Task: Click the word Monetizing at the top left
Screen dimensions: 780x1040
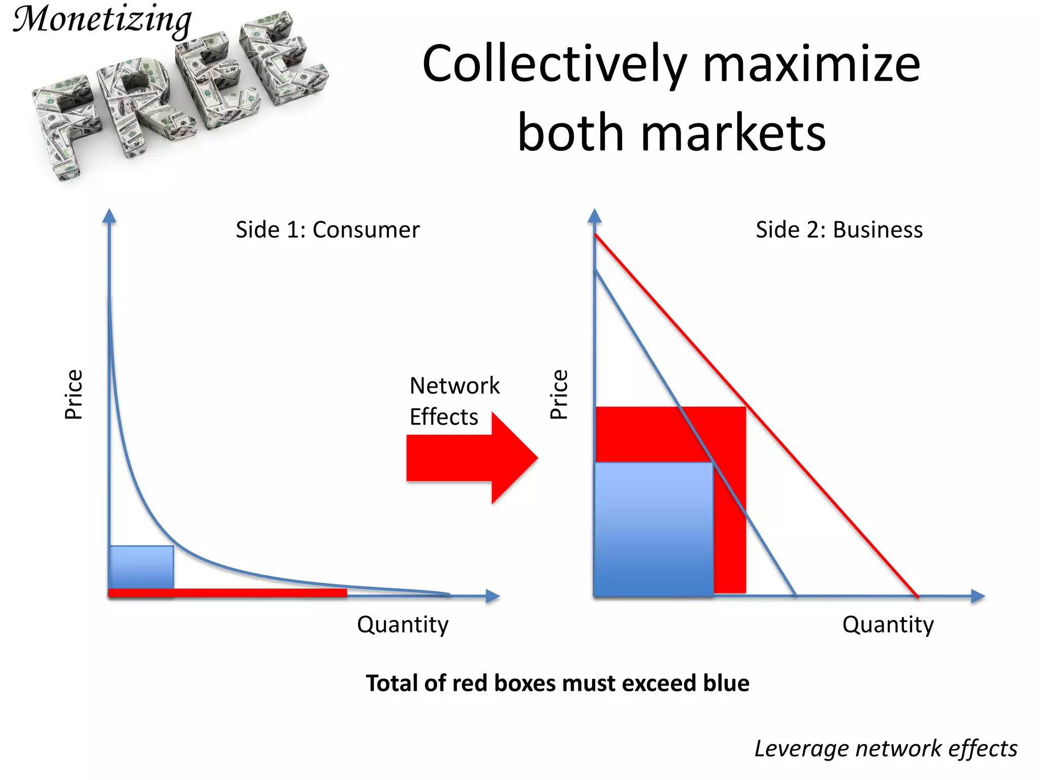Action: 102,20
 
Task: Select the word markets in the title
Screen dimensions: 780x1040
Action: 733,133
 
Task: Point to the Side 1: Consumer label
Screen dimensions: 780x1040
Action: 328,230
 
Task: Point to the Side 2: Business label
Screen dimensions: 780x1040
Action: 839,230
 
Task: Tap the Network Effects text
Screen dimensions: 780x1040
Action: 454,401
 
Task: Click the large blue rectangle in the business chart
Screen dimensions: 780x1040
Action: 654,528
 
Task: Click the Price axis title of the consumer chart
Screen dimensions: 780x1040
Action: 74,395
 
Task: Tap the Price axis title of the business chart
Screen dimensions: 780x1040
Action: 559,395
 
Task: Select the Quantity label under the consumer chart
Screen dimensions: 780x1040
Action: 403,625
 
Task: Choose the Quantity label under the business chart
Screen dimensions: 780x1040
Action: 888,625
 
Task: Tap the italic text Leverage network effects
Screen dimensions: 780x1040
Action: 886,749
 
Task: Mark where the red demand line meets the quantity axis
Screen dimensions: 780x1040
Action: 917,596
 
